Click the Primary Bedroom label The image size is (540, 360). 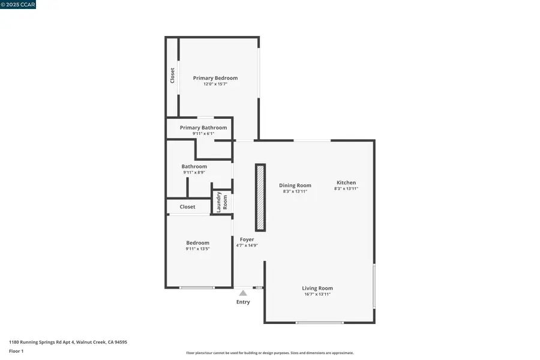[x=215, y=78]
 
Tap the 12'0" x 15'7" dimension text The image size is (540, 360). [x=215, y=84]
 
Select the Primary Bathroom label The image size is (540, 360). [x=203, y=128]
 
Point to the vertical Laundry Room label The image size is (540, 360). [x=222, y=202]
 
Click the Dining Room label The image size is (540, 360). [x=295, y=185]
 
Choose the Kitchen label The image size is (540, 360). [x=346, y=182]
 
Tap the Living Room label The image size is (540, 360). [x=317, y=289]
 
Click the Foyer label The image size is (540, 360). [x=247, y=239]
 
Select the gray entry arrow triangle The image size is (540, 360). [x=243, y=293]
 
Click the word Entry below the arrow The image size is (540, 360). [x=243, y=302]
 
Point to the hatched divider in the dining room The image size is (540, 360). [x=260, y=197]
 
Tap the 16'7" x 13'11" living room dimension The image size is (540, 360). [x=317, y=295]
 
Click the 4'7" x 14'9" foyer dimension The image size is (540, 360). [x=247, y=245]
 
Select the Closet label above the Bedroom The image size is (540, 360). [x=188, y=207]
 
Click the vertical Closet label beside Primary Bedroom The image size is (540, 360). [x=173, y=75]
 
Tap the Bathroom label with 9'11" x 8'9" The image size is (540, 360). [x=194, y=166]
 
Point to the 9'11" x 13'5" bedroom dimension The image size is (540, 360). [x=197, y=248]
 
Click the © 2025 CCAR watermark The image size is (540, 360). [x=18, y=4]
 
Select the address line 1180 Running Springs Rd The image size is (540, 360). [x=68, y=342]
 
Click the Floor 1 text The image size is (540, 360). [x=16, y=351]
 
